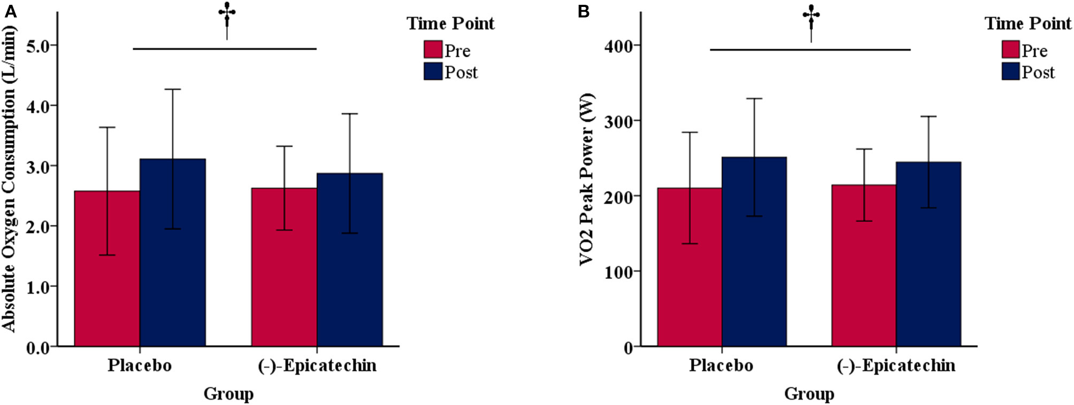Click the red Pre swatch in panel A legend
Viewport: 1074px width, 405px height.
click(x=433, y=50)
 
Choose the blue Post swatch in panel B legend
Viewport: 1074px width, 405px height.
click(x=1010, y=72)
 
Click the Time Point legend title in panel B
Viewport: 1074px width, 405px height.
click(x=1028, y=24)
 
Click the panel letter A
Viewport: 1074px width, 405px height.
click(x=10, y=11)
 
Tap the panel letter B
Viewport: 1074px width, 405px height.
click(x=584, y=11)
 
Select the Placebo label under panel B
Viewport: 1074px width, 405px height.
click(x=720, y=365)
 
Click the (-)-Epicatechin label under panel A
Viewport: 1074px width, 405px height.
click(x=317, y=365)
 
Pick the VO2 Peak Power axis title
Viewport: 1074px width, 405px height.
click(x=587, y=179)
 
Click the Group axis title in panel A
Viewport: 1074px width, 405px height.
click(x=228, y=394)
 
